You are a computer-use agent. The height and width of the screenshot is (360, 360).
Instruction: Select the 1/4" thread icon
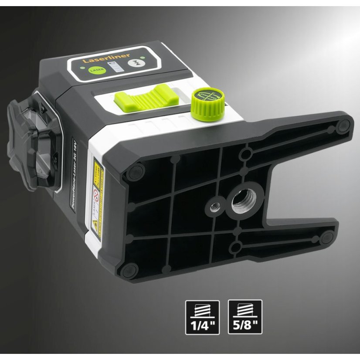203,317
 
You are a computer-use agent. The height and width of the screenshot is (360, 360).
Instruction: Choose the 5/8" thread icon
245,317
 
